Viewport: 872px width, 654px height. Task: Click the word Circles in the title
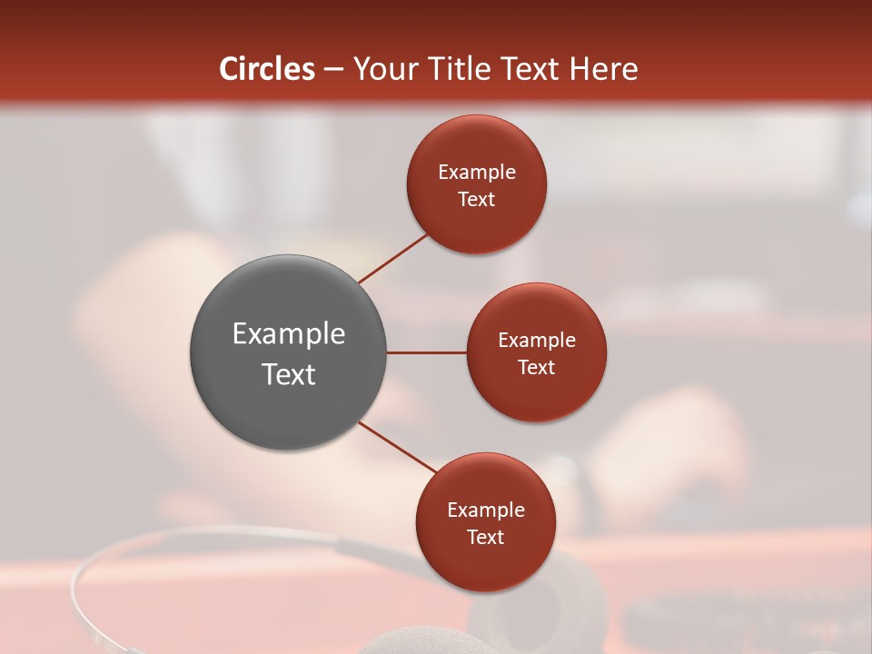(x=267, y=69)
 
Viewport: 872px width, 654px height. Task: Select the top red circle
(x=477, y=145)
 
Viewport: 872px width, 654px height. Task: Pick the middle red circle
(x=537, y=313)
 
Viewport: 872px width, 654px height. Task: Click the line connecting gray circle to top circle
(x=392, y=259)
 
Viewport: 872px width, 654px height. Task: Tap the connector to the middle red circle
(x=427, y=352)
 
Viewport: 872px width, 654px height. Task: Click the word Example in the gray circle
(x=288, y=334)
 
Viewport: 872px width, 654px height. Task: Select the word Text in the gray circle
(x=288, y=374)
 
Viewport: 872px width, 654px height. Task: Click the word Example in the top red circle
(x=477, y=173)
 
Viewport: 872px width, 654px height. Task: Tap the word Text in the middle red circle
(x=537, y=367)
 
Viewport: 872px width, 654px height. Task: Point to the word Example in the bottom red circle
(x=486, y=510)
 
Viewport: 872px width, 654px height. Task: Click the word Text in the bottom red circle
(x=486, y=538)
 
